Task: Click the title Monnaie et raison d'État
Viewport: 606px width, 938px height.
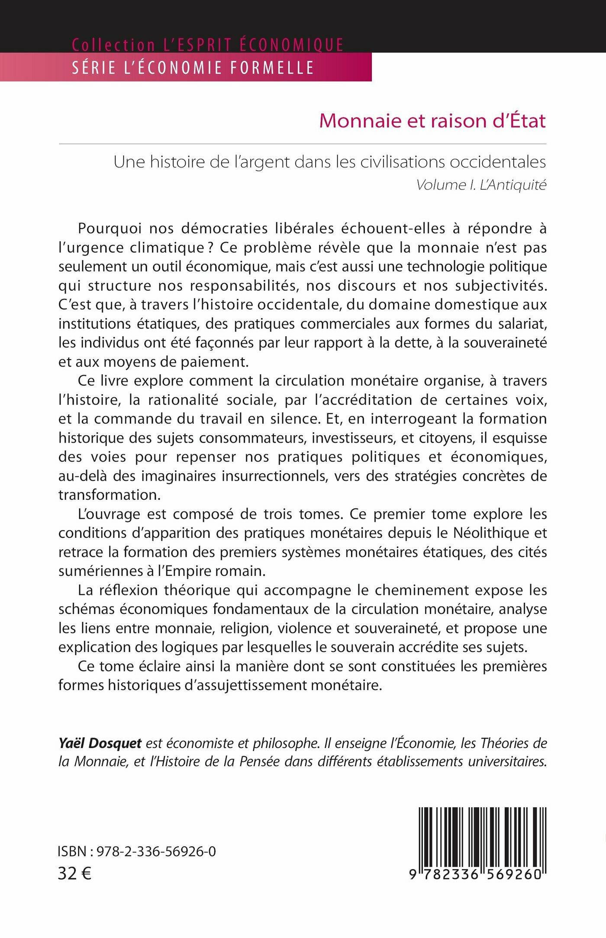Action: pos(432,121)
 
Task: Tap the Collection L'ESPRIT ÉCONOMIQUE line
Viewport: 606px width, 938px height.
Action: pos(208,45)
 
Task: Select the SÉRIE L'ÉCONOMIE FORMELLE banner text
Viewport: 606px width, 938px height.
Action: pos(193,68)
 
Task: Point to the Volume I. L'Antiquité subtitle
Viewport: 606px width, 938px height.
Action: pos(481,185)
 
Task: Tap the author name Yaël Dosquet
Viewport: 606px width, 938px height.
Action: pos(100,743)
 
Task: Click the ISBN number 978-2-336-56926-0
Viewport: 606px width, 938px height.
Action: pos(156,851)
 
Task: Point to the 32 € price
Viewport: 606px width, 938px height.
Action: pos(74,874)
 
